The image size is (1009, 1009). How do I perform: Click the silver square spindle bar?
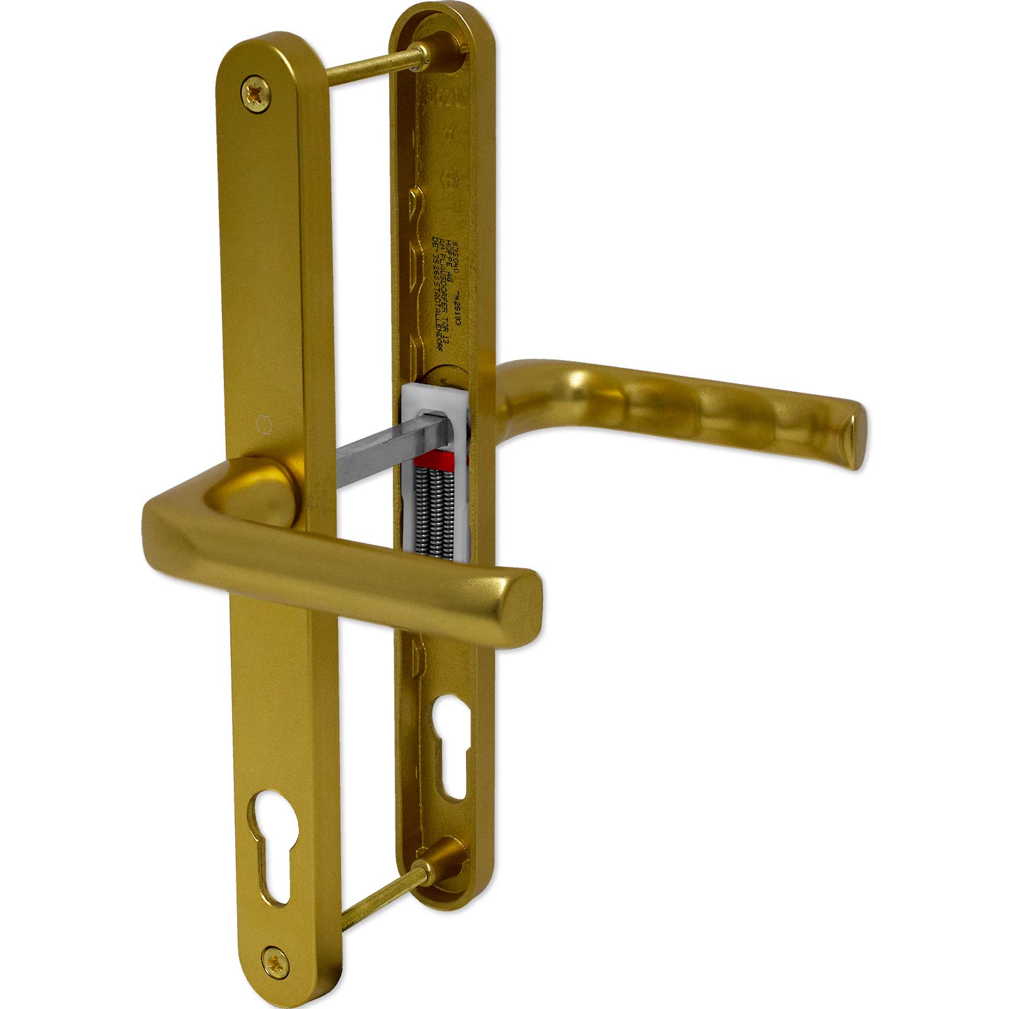pos(372,441)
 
